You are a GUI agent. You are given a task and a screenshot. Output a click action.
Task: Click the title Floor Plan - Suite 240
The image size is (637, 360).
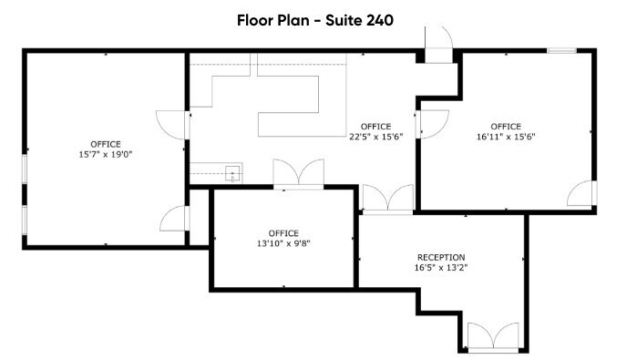pyautogui.click(x=314, y=20)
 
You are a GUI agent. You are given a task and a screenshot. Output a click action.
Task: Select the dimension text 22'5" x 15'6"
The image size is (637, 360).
pyautogui.click(x=375, y=137)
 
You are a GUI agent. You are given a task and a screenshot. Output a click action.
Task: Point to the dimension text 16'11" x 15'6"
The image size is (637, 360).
pyautogui.click(x=505, y=137)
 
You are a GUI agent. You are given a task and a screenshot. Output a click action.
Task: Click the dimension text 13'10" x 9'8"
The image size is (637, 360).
pyautogui.click(x=283, y=243)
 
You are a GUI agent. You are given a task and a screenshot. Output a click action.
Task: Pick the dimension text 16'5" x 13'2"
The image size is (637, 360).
pyautogui.click(x=441, y=268)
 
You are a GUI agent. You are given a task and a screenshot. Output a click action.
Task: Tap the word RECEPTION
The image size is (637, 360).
pyautogui.click(x=441, y=257)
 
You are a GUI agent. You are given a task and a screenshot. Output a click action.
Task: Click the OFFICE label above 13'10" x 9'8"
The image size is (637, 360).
pyautogui.click(x=283, y=233)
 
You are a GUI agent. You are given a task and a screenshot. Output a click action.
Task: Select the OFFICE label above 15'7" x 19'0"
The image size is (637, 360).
pyautogui.click(x=105, y=144)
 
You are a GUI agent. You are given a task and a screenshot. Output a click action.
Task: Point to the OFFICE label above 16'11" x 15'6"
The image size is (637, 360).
pyautogui.click(x=505, y=126)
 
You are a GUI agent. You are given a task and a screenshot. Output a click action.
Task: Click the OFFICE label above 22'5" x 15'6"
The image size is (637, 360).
pyautogui.click(x=375, y=126)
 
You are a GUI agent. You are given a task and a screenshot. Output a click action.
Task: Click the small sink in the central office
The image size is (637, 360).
pyautogui.click(x=232, y=172)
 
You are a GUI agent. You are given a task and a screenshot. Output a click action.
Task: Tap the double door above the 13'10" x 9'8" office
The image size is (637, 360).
pyautogui.click(x=298, y=174)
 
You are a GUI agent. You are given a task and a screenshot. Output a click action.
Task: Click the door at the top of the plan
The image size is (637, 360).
pyautogui.click(x=438, y=44)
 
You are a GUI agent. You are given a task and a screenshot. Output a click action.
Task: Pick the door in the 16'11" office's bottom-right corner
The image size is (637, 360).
pyautogui.click(x=580, y=193)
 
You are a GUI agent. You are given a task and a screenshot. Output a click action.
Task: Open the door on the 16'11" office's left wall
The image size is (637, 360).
pyautogui.click(x=432, y=122)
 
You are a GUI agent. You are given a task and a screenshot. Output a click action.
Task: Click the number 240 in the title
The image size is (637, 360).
pyautogui.click(x=379, y=20)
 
